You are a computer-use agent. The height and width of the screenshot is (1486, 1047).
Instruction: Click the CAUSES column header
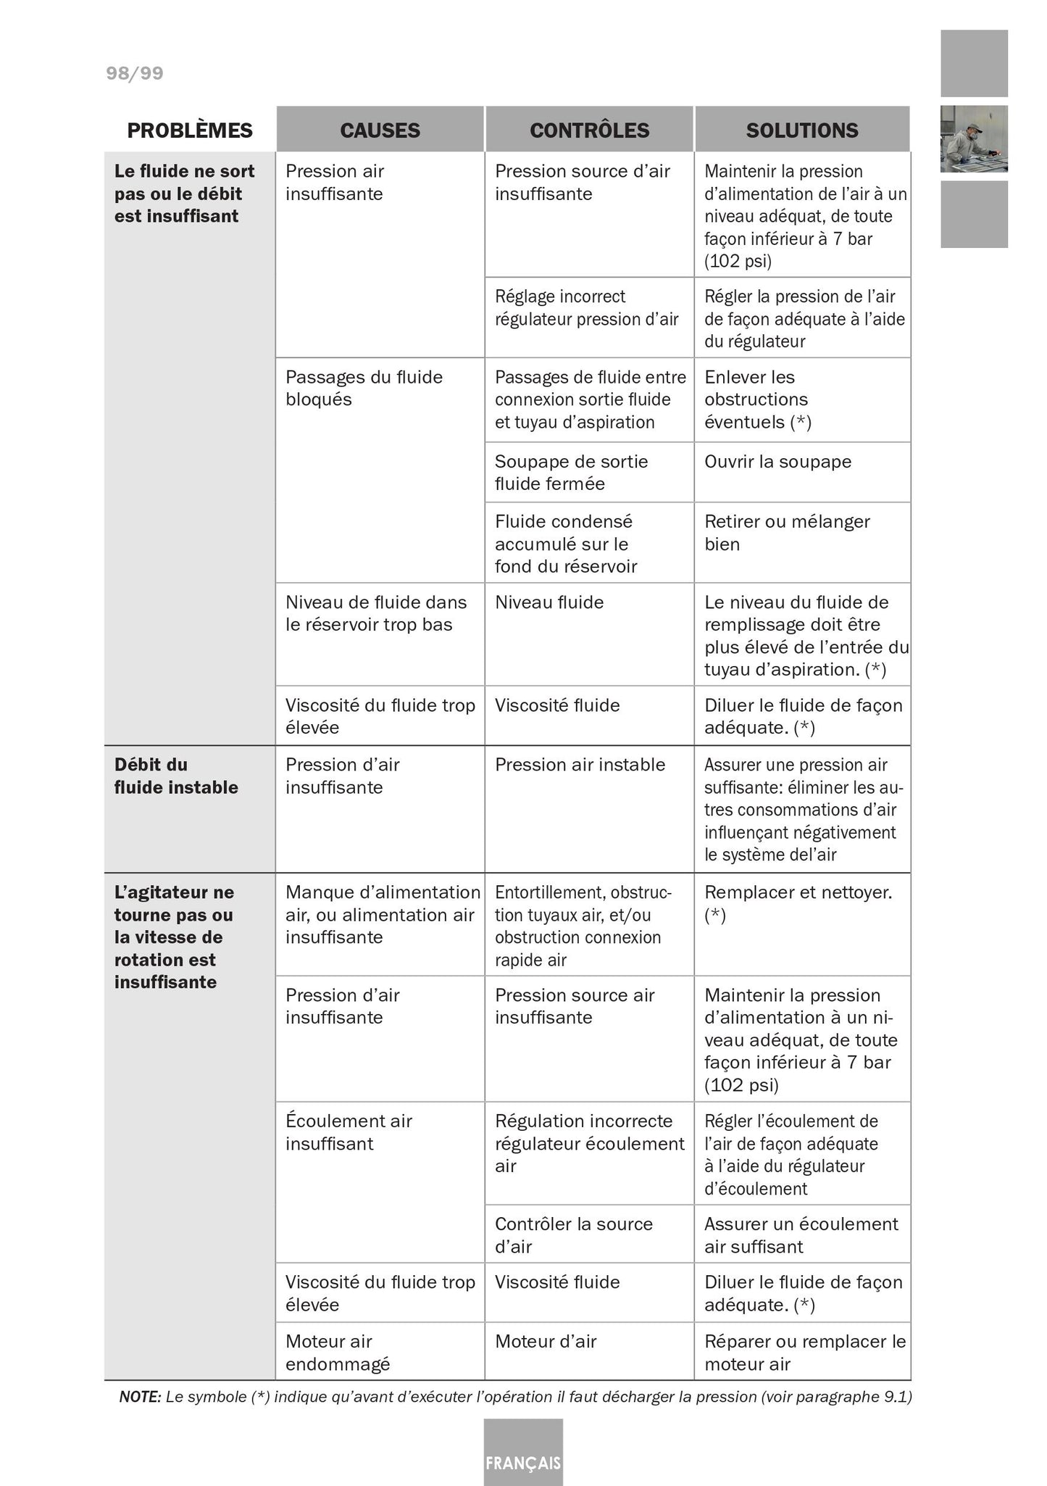[x=380, y=130]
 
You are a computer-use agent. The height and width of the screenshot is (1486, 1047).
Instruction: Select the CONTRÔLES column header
[x=589, y=130]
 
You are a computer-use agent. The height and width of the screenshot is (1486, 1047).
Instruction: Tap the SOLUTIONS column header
[x=802, y=130]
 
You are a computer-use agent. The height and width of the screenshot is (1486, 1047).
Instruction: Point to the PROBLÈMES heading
[x=190, y=130]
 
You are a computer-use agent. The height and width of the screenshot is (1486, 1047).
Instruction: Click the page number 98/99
[x=135, y=73]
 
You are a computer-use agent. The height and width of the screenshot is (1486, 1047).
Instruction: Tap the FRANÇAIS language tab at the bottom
[x=523, y=1462]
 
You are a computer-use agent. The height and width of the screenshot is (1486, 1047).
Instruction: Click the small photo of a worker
[x=974, y=138]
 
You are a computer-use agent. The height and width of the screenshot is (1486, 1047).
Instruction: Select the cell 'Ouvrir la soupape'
[x=777, y=462]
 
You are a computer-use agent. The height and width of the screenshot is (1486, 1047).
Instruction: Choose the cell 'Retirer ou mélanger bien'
[x=787, y=533]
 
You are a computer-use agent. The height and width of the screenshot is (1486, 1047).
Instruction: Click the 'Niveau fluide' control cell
[x=549, y=602]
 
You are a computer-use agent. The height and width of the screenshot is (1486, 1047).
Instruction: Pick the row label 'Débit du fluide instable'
[x=176, y=776]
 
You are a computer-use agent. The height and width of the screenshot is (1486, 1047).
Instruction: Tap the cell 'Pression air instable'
[x=580, y=765]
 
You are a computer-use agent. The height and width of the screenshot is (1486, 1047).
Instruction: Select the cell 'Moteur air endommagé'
[x=338, y=1353]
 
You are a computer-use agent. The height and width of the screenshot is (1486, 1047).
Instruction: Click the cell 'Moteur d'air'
[x=546, y=1342]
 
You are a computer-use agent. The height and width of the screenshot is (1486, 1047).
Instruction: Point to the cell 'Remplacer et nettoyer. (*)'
[x=798, y=903]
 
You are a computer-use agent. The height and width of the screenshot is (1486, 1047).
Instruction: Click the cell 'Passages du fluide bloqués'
[x=364, y=388]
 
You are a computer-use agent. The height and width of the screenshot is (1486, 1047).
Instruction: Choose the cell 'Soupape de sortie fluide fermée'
[x=571, y=473]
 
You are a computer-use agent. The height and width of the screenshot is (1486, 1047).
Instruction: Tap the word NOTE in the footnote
[x=140, y=1397]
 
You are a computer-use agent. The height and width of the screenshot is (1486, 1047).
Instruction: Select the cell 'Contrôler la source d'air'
[x=574, y=1235]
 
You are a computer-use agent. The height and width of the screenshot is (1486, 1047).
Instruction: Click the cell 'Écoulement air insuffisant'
[x=349, y=1132]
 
